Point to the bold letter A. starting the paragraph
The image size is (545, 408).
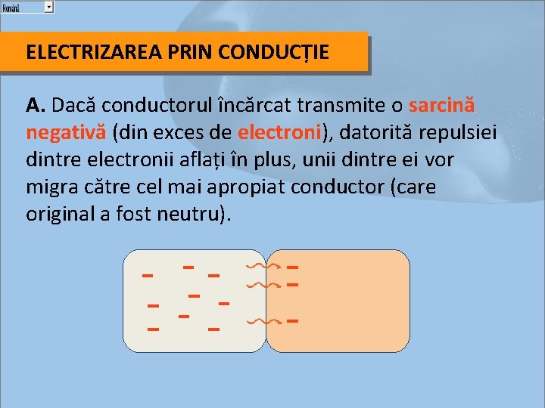[x=35, y=106]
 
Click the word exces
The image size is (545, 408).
[x=188, y=134]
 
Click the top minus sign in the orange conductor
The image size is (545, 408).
[x=293, y=267]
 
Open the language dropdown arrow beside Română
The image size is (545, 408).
[x=48, y=6]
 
